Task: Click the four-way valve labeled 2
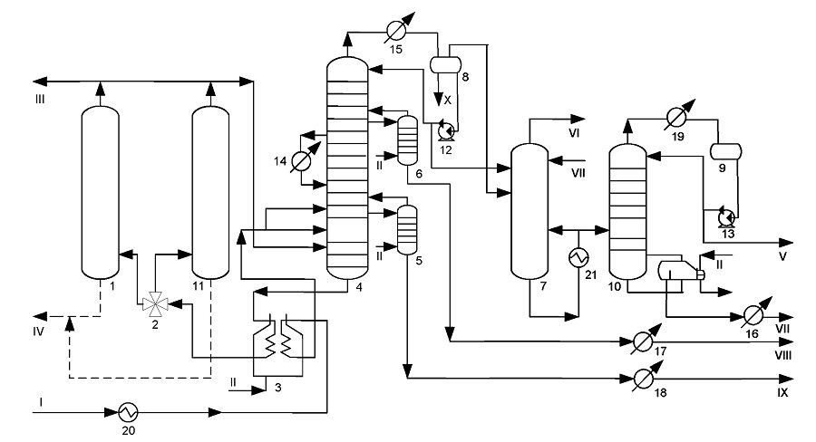tap(155, 303)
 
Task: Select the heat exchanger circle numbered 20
tap(128, 412)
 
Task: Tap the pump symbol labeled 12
tap(446, 130)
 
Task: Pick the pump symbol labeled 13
tap(726, 216)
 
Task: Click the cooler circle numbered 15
tap(396, 32)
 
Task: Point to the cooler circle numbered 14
tap(301, 161)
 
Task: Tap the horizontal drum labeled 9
tap(726, 151)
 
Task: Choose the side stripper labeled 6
tap(407, 139)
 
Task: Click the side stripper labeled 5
tap(407, 230)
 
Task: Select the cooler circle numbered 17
tap(643, 341)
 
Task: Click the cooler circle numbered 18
tap(643, 379)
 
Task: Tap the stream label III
tap(40, 100)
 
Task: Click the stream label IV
tap(38, 331)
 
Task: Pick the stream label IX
tap(782, 392)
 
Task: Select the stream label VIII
tap(783, 355)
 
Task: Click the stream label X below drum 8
tap(448, 101)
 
